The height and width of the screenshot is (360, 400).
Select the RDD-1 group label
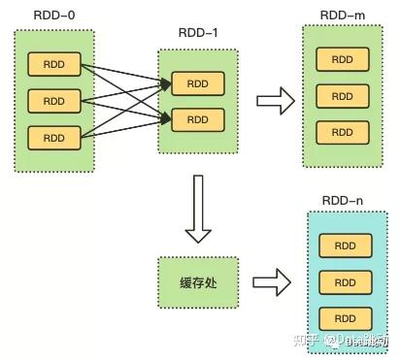tap(196, 32)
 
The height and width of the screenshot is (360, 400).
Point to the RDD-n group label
tap(342, 200)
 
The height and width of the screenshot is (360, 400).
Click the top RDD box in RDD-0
tap(53, 65)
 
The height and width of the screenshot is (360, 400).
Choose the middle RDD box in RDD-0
tap(53, 101)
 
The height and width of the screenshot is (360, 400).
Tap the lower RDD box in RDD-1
tap(197, 119)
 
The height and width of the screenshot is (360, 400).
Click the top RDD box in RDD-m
tap(342, 60)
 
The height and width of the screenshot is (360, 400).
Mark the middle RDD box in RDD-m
tap(342, 97)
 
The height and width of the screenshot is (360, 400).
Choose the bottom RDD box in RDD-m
tap(342, 133)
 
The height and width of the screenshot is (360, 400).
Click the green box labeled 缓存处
tap(197, 282)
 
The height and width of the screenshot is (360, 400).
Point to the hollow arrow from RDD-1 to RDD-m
tap(276, 100)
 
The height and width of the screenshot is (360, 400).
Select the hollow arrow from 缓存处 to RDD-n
tap(274, 282)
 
